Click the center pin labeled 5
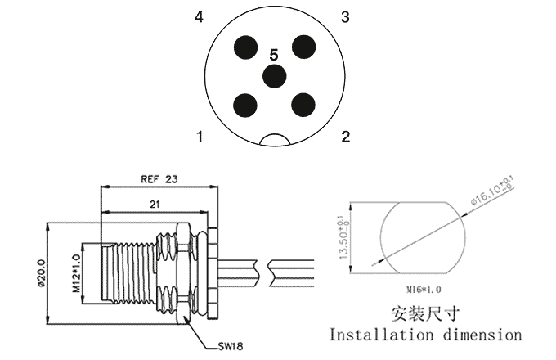click(274, 76)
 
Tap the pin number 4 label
click(200, 17)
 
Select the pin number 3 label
click(346, 17)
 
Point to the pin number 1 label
click(200, 136)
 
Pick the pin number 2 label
click(346, 136)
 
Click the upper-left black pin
click(244, 47)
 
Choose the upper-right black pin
click(304, 47)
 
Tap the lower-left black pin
click(244, 104)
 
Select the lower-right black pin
click(304, 104)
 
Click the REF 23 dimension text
click(159, 178)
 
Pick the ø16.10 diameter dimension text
click(491, 189)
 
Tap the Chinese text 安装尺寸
click(425, 312)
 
